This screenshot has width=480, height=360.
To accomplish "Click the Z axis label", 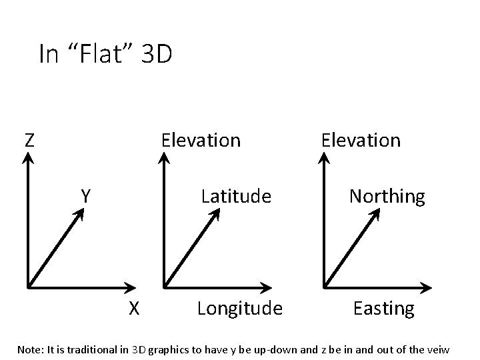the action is tap(29, 140).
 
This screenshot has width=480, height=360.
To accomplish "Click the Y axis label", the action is tap(86, 196).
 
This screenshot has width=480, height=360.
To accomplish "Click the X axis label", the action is tap(134, 308).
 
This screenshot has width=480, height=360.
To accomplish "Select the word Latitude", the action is tap(236, 196).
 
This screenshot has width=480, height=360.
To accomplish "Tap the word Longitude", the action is tap(240, 309).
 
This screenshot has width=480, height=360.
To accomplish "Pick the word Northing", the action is tap(387, 196).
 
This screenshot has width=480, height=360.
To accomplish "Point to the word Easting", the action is tap(383, 309).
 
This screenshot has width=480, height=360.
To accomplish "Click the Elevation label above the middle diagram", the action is tap(201, 140).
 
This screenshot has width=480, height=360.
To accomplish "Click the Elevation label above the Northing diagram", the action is tap(361, 140).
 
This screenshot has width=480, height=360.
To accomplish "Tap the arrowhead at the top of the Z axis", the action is tap(27, 157).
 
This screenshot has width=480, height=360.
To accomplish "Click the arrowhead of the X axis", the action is tap(128, 288).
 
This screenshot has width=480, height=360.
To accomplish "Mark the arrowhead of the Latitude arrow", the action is tap(216, 213).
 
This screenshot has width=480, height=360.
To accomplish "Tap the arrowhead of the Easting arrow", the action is tap(425, 288).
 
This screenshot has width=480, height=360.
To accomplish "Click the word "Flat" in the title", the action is tap(97, 54).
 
